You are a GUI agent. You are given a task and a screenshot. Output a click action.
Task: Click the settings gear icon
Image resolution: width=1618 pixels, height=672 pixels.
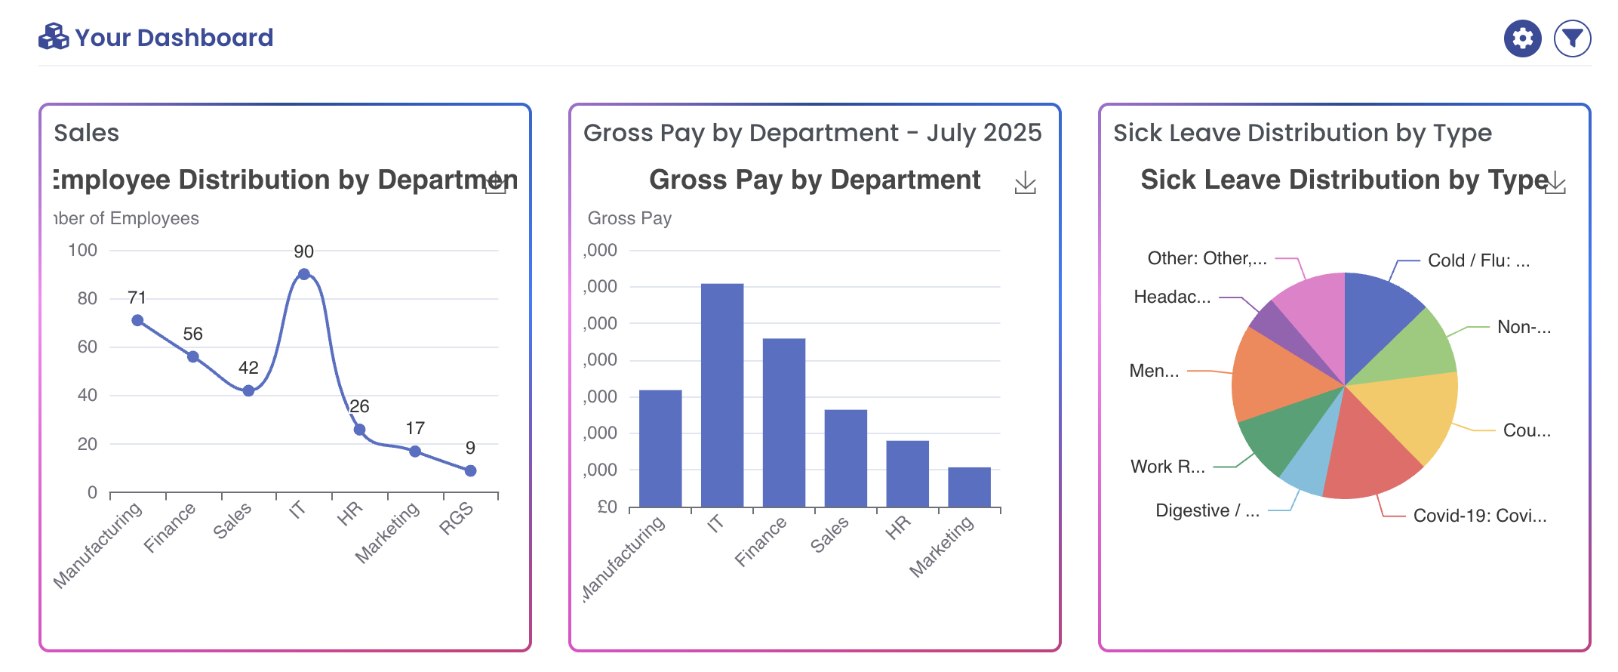tap(1522, 39)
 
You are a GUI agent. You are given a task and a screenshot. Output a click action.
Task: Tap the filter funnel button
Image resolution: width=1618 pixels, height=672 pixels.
tap(1572, 39)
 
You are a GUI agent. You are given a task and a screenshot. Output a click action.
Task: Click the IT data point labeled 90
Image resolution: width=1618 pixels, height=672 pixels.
tap(303, 274)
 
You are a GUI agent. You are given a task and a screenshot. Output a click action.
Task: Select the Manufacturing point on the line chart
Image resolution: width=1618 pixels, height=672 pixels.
tap(137, 320)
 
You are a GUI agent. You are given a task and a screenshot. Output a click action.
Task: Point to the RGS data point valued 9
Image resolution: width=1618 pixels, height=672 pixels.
tap(470, 470)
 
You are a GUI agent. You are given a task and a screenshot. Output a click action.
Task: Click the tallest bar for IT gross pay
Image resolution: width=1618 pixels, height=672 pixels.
tap(722, 393)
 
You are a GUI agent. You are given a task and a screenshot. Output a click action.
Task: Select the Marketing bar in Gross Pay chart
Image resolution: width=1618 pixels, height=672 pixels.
tap(969, 487)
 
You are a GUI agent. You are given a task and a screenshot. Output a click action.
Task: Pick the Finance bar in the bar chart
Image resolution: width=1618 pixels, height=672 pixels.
tap(784, 423)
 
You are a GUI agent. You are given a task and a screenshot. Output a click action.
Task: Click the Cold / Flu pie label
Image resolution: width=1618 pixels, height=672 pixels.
tap(1478, 260)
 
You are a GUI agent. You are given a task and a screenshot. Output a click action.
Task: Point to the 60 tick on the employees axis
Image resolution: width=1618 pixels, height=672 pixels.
tap(88, 347)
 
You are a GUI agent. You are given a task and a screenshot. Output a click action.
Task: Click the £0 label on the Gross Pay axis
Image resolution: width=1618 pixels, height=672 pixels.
tap(608, 507)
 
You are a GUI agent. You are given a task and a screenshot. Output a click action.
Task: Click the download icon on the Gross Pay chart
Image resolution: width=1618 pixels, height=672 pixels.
tap(1025, 183)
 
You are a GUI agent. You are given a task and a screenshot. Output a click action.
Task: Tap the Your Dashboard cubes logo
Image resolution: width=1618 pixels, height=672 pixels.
tap(54, 37)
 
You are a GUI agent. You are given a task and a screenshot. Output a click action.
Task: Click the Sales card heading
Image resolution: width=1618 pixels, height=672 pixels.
tap(87, 133)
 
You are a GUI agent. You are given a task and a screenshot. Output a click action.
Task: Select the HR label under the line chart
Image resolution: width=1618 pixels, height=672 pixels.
tap(349, 514)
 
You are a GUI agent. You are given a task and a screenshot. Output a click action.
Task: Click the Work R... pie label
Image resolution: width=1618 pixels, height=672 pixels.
tap(1167, 467)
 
